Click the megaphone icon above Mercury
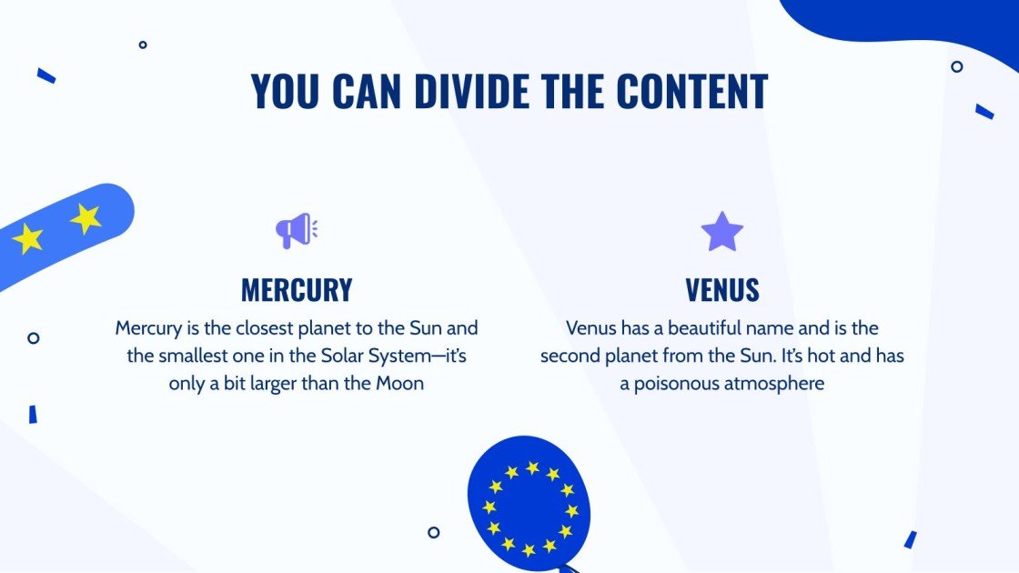[296, 231]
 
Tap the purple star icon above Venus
[721, 232]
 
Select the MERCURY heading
[296, 290]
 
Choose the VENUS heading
[721, 290]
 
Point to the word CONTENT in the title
[691, 91]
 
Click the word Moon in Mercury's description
[399, 384]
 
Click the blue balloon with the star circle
[528, 505]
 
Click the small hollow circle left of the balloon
[434, 532]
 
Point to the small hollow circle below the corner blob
[957, 66]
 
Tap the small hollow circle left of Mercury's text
[34, 337]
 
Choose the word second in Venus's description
[571, 356]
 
